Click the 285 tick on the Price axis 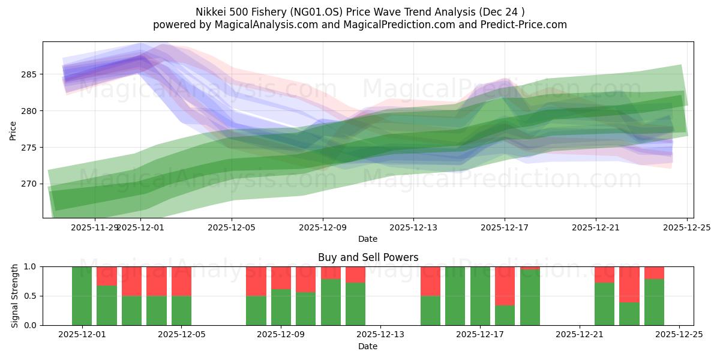(28, 74)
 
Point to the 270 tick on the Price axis (28, 184)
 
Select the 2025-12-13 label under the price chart (413, 227)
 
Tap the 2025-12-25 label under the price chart (686, 227)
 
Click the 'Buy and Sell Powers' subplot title (368, 257)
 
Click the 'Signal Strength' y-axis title (15, 296)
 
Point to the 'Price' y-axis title (13, 130)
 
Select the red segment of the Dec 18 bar (505, 286)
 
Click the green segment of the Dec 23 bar (629, 314)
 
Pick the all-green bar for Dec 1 (82, 296)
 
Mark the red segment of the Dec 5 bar (181, 281)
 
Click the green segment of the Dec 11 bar (331, 302)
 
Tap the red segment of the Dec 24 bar (654, 272)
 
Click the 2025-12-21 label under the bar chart (580, 335)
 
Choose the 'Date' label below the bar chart (368, 346)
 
